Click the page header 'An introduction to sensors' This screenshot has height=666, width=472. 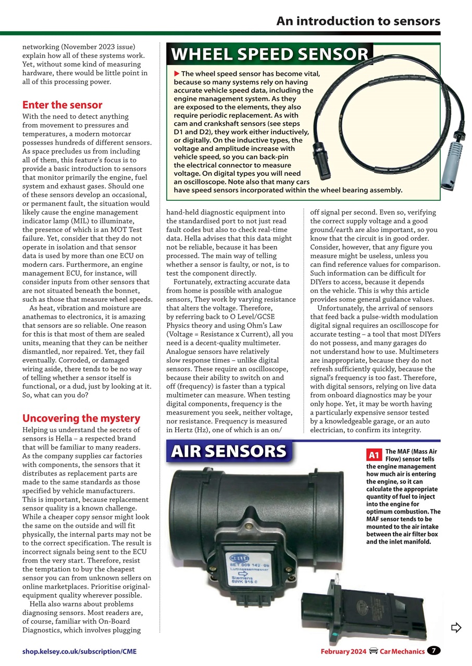tap(358, 21)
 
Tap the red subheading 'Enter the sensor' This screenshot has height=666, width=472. tap(62, 105)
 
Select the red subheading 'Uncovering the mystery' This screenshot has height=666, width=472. tap(81, 418)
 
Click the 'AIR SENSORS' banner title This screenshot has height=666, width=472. tap(229, 452)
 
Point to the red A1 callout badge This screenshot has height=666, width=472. tap(374, 455)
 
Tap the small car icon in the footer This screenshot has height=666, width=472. tap(372, 651)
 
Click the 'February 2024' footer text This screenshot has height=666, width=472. tap(343, 651)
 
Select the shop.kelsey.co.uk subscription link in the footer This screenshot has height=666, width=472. tap(80, 651)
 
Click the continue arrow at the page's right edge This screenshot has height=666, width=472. tap(456, 627)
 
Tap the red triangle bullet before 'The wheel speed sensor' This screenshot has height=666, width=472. tap(177, 74)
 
